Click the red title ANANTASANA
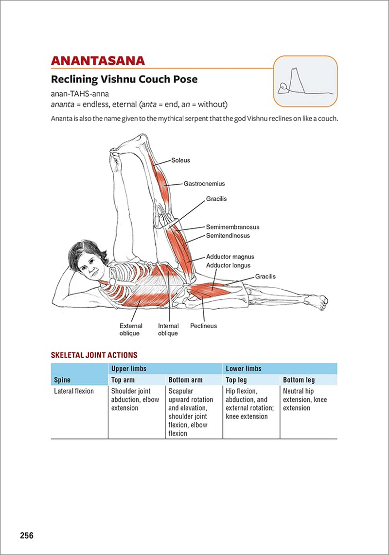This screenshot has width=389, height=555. [x=98, y=61]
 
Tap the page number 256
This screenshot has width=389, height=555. [x=26, y=536]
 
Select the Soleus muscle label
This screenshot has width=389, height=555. [x=180, y=160]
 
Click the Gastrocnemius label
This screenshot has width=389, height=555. [x=204, y=184]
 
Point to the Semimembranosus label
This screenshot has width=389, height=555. [x=232, y=227]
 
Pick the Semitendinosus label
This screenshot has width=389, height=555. [x=228, y=236]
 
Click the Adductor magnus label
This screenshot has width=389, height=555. [x=230, y=257]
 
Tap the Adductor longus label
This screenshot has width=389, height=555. [x=228, y=265]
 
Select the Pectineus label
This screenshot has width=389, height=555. [x=203, y=326]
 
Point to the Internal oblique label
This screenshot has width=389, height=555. [x=168, y=330]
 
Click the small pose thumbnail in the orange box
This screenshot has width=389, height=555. [x=305, y=81]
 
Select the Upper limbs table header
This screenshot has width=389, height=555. [x=129, y=369]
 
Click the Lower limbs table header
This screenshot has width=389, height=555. [x=244, y=369]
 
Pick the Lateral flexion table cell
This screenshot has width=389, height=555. [x=74, y=391]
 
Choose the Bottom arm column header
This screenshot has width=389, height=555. [x=185, y=380]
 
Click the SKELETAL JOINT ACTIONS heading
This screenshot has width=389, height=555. [x=94, y=355]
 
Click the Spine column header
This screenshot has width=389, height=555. [x=62, y=380]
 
